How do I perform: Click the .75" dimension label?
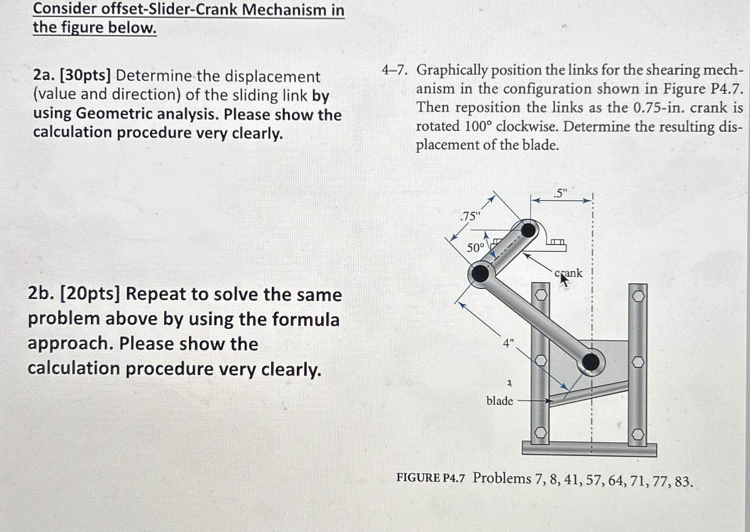470,216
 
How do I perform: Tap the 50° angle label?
476,248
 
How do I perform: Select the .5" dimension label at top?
560,193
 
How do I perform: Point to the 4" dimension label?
508,343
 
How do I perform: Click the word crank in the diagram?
568,273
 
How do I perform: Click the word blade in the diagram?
500,401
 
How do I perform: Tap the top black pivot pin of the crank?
528,230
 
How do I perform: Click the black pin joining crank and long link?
481,274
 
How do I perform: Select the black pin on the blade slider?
591,362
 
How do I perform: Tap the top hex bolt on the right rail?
638,296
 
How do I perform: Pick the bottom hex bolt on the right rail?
638,434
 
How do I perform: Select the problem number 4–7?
394,70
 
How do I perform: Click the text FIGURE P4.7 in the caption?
431,478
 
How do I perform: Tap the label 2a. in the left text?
44,76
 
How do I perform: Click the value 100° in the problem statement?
478,126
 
